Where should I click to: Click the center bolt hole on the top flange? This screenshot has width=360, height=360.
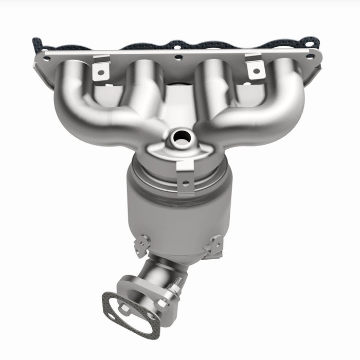[x=178, y=58]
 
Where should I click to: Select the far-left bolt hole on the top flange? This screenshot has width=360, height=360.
[x=46, y=58]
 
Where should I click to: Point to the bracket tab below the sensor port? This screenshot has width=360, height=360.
[x=185, y=175]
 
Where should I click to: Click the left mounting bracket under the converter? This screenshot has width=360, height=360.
[x=142, y=245]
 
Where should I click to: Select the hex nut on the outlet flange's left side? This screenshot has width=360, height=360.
[x=124, y=309]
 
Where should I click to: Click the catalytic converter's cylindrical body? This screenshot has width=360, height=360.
[x=180, y=216]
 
